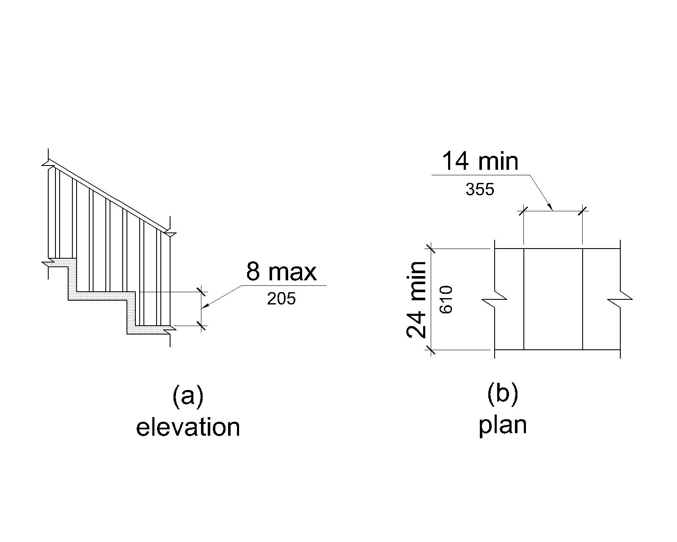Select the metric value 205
[x=281, y=299]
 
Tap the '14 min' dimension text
[x=480, y=161]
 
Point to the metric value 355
[x=480, y=189]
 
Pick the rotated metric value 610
[x=446, y=299]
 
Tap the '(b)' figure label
[x=503, y=393]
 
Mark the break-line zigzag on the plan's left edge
[x=494, y=300]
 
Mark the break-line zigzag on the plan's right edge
[x=620, y=300]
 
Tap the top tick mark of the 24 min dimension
[x=431, y=249]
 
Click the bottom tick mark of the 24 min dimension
[x=431, y=350]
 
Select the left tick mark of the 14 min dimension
[x=524, y=210]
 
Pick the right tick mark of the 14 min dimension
[x=583, y=210]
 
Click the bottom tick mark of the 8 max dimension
[x=202, y=326]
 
